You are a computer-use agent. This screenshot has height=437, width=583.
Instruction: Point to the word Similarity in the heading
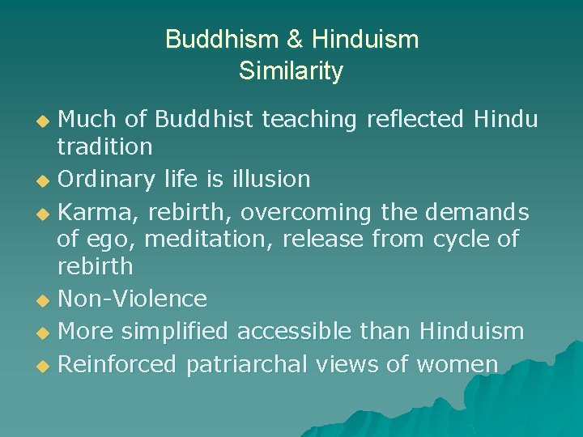pyautogui.click(x=291, y=71)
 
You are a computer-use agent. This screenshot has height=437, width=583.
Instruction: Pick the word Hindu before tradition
pyautogui.click(x=505, y=120)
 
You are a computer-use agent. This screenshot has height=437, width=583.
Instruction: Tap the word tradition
pyautogui.click(x=104, y=146)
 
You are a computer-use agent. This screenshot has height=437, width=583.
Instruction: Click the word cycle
pyautogui.click(x=461, y=240)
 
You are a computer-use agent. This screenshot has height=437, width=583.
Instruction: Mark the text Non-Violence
pyautogui.click(x=133, y=299)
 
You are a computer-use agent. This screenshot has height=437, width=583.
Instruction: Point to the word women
pyautogui.click(x=457, y=365)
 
